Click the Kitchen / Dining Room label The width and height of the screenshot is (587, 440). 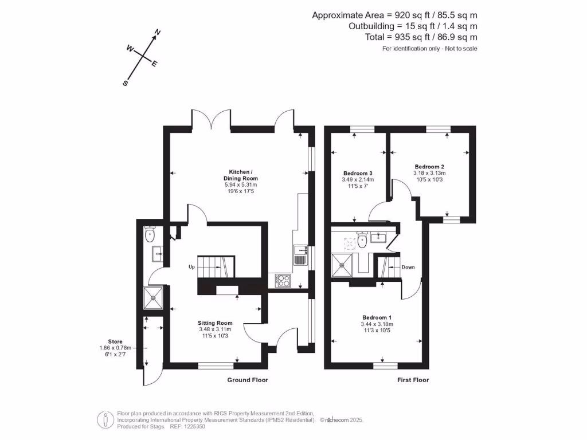[240, 175]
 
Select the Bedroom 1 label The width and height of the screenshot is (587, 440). [377, 317]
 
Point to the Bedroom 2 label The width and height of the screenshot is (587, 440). [429, 167]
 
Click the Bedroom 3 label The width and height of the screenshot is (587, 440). [358, 174]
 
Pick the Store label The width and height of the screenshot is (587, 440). [115, 341]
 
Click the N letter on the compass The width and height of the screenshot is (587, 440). [158, 32]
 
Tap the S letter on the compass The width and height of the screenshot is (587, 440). [125, 83]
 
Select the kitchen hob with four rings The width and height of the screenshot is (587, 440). [284, 280]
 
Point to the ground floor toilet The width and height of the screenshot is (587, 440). [151, 234]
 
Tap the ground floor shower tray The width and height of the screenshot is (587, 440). [154, 295]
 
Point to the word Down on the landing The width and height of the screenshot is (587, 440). [408, 267]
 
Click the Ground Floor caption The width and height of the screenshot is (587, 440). [247, 380]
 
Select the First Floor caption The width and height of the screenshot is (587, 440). [413, 380]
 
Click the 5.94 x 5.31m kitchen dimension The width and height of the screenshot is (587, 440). [240, 184]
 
